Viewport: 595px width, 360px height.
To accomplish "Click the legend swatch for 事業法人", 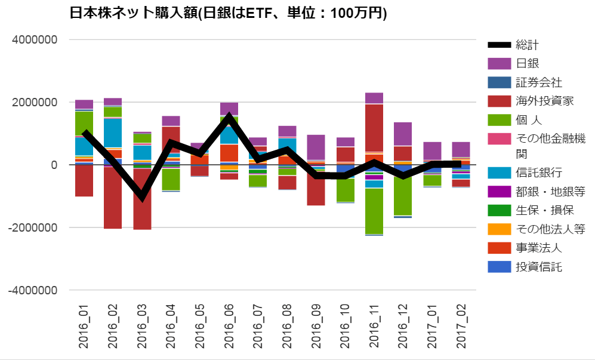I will [500, 248].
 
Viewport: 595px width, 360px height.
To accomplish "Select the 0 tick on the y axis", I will [53, 165].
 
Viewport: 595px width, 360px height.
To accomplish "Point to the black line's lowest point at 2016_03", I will [142, 197].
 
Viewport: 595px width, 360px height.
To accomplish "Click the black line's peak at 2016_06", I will [229, 116].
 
